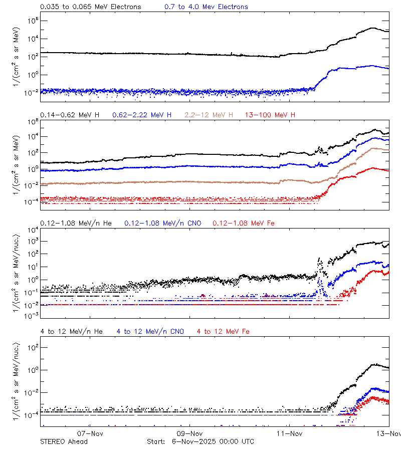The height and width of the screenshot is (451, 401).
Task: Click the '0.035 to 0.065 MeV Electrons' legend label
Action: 91,7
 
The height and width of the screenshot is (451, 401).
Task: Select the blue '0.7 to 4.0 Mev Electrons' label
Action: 206,7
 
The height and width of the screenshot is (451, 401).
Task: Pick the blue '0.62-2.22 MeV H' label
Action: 142,115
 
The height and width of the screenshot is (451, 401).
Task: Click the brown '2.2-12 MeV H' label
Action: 209,115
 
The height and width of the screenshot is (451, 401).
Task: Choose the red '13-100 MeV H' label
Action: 270,115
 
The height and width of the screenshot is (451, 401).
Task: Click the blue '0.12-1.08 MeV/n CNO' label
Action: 162,223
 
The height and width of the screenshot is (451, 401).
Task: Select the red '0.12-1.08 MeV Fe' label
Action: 244,223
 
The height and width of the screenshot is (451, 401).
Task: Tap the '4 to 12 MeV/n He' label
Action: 71,331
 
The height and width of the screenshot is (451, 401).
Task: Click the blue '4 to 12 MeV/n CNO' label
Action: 150,331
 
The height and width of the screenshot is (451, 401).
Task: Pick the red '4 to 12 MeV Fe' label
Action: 223,331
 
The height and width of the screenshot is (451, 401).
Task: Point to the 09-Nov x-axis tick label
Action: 190,433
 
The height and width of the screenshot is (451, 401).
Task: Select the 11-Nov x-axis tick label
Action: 289,433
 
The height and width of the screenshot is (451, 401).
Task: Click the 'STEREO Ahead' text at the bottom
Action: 64,441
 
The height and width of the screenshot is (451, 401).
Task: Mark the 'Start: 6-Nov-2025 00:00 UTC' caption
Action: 200,441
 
